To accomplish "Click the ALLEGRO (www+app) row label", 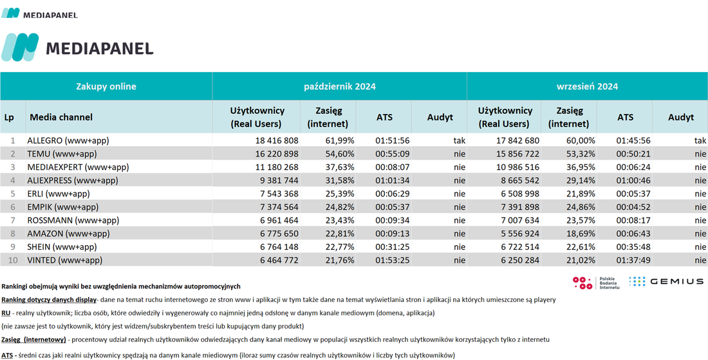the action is coord(68,140).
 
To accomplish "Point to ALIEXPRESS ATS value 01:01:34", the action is coord(392,181).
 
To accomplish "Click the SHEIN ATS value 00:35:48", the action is coord(633,247).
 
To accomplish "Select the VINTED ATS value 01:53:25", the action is coord(392,261).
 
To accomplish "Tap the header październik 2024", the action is coord(340,86).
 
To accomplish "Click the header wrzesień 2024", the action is coord(587,86).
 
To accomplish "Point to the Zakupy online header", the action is coord(106,86).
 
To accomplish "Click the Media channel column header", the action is coord(61,117).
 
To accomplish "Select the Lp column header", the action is coord(9,117).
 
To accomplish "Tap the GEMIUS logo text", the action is coord(677,281).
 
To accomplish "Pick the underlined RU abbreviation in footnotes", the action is coord(6,312).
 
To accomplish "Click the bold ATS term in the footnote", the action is coord(7,355).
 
